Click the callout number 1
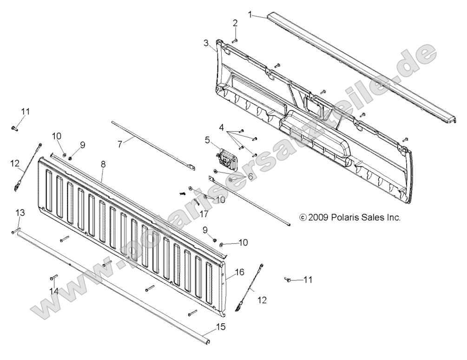250,14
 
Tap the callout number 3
206,43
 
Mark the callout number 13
20,212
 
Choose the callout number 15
221,327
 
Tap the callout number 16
240,272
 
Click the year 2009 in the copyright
318,217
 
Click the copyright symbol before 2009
303,217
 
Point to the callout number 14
54,291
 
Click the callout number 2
235,23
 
